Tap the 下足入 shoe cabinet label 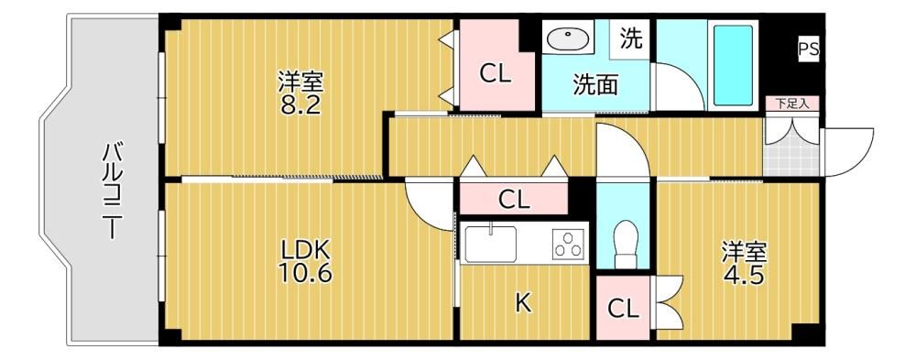[x=791, y=104]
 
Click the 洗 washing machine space [x=630, y=38]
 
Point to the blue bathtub [x=733, y=65]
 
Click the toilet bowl [x=626, y=242]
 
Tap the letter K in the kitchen [x=523, y=302]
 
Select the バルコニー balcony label [x=112, y=190]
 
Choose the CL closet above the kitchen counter [x=514, y=200]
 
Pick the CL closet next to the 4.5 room [x=623, y=308]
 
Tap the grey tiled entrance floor [x=791, y=153]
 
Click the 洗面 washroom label [x=594, y=85]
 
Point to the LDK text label [x=306, y=251]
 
